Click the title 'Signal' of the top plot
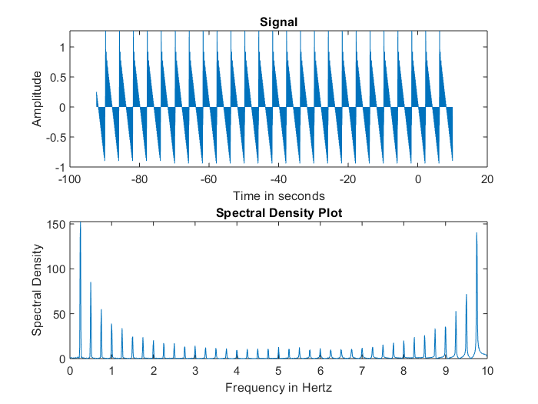point(278,22)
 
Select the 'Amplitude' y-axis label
point(36,98)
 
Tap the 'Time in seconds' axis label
point(278,195)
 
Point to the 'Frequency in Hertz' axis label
point(278,387)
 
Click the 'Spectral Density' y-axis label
point(36,289)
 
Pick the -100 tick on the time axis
point(70,179)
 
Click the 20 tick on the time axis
point(487,179)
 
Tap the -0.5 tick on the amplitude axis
point(57,137)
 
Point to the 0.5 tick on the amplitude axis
point(58,77)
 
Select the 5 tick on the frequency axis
point(278,370)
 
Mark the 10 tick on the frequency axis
point(487,370)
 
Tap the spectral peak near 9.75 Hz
point(477,234)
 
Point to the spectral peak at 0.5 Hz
point(91,283)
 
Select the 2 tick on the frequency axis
point(154,370)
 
